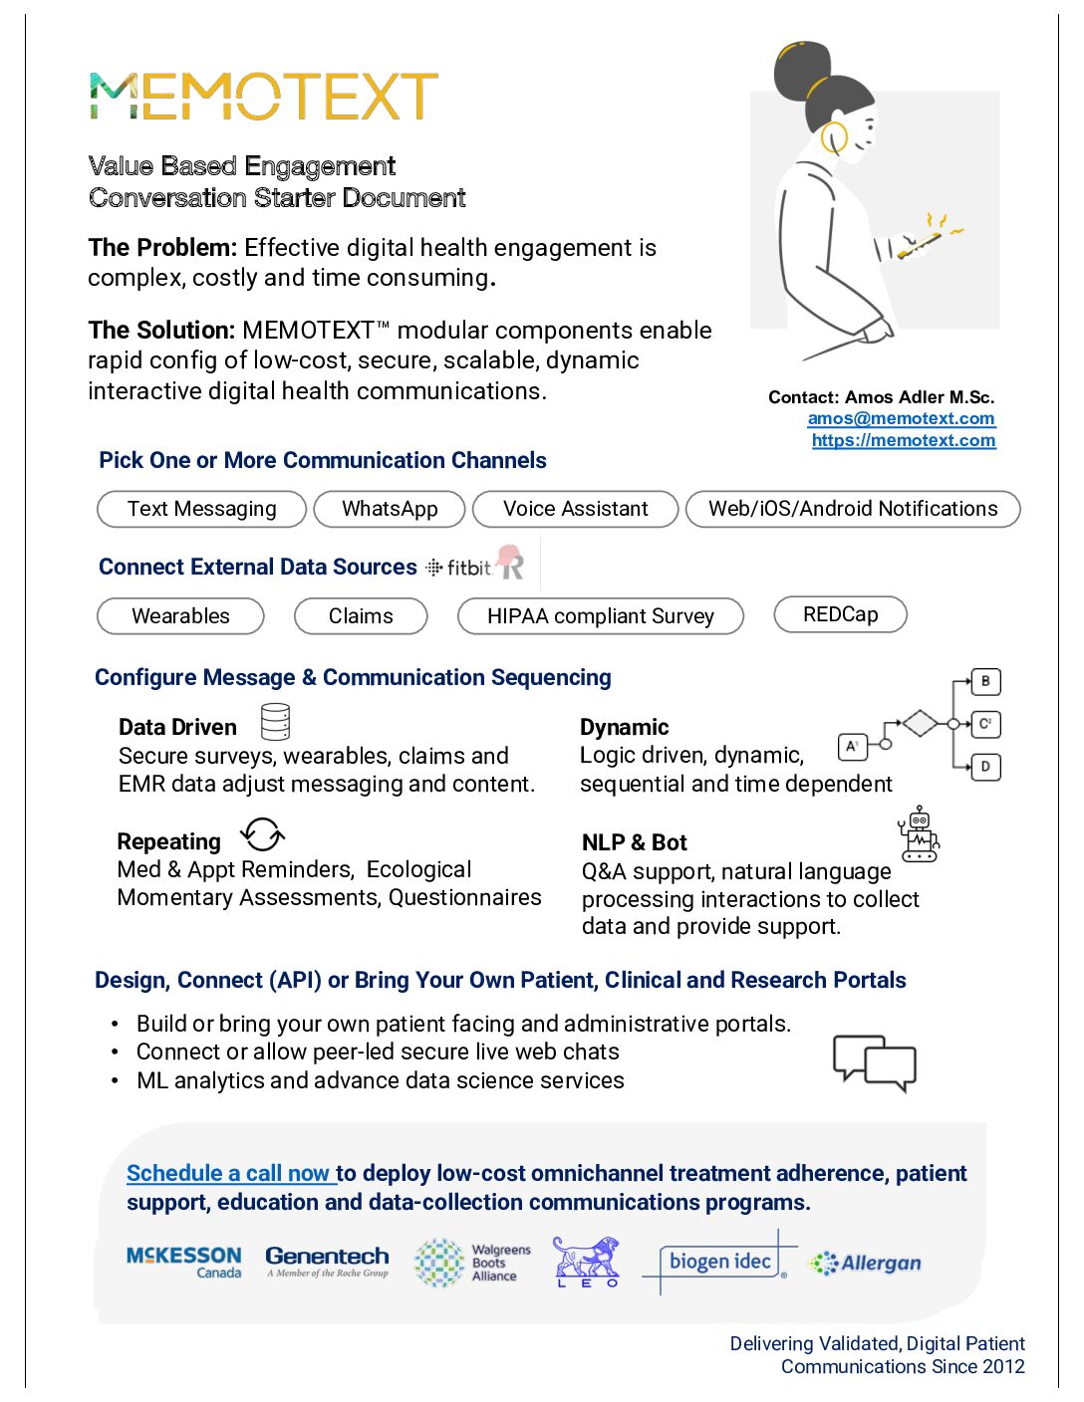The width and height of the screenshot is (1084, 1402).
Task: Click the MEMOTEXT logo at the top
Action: tap(263, 97)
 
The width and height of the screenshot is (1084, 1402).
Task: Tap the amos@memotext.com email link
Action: tap(901, 419)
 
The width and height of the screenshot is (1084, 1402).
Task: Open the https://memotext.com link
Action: tap(903, 440)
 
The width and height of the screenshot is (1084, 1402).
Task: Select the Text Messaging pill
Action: tap(201, 509)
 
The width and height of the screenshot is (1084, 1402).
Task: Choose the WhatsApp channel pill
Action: tap(390, 509)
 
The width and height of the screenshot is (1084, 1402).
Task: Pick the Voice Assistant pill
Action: tap(575, 509)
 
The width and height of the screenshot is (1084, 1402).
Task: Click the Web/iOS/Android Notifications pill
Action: tap(852, 509)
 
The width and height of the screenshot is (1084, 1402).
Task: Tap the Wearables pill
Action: tap(180, 616)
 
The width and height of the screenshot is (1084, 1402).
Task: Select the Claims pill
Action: tap(361, 616)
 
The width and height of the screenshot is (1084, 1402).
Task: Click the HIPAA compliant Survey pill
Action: tap(600, 616)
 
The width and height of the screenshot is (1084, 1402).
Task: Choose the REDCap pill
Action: tap(840, 614)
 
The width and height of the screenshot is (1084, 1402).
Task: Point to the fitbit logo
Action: tap(460, 568)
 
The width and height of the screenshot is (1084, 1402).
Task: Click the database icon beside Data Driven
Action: tap(275, 722)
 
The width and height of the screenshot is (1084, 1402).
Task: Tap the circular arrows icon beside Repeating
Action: tap(263, 834)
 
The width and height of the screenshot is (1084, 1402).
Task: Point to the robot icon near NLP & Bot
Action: tap(919, 834)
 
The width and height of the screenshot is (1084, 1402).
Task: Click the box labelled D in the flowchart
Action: tap(985, 767)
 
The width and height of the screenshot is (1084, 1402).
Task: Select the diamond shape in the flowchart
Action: tap(920, 723)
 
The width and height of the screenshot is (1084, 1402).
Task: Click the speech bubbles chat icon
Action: tap(874, 1062)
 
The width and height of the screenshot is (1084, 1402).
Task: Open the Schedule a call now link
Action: tap(230, 1174)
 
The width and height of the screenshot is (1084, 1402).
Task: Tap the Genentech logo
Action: tap(327, 1261)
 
